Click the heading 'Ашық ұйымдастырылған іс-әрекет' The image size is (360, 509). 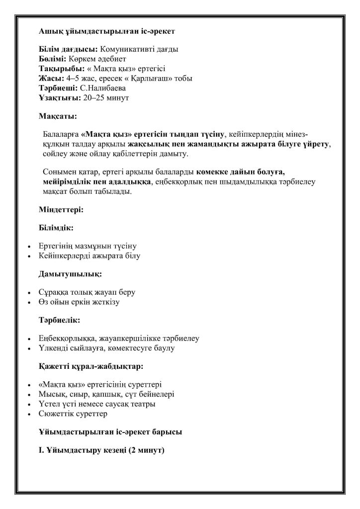click(x=106, y=31)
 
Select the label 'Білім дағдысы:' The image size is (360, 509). click(x=69, y=50)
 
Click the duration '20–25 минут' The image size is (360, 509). click(x=106, y=97)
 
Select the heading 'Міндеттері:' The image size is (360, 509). click(x=61, y=210)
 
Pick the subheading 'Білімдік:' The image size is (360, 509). click(x=56, y=228)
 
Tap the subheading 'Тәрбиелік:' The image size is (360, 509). click(x=59, y=320)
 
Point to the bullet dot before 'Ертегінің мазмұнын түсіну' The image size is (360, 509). click(x=29, y=247)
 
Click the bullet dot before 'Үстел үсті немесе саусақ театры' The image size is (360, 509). click(x=29, y=405)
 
